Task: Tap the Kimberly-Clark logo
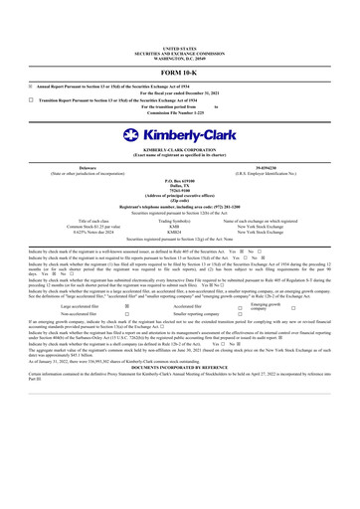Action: [179, 134]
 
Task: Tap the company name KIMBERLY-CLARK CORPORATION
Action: [179, 150]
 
